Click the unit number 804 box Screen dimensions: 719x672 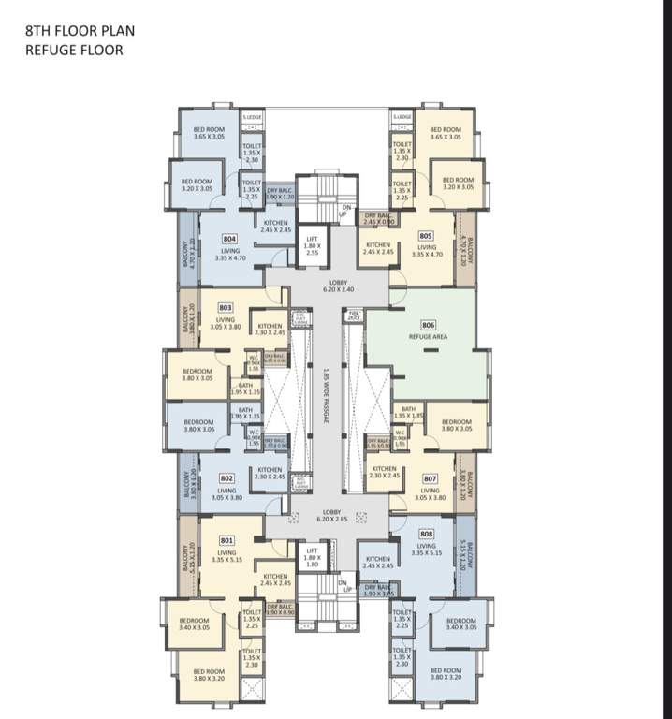229,239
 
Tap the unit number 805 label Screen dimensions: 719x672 426,236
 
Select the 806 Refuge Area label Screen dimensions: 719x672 430,329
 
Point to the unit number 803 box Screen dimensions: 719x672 226,306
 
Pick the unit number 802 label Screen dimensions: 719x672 226,477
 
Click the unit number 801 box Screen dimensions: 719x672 226,540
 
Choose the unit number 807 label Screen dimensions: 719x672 430,477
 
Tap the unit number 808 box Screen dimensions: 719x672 426,534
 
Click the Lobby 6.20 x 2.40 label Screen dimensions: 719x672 336,286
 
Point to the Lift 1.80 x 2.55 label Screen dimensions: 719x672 314,245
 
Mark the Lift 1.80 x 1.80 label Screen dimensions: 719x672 313,560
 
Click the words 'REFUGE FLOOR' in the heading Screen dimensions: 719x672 74,50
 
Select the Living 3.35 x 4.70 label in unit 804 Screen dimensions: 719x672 229,255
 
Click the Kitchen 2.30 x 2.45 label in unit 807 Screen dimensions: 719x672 384,473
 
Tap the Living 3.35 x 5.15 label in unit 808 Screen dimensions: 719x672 427,550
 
